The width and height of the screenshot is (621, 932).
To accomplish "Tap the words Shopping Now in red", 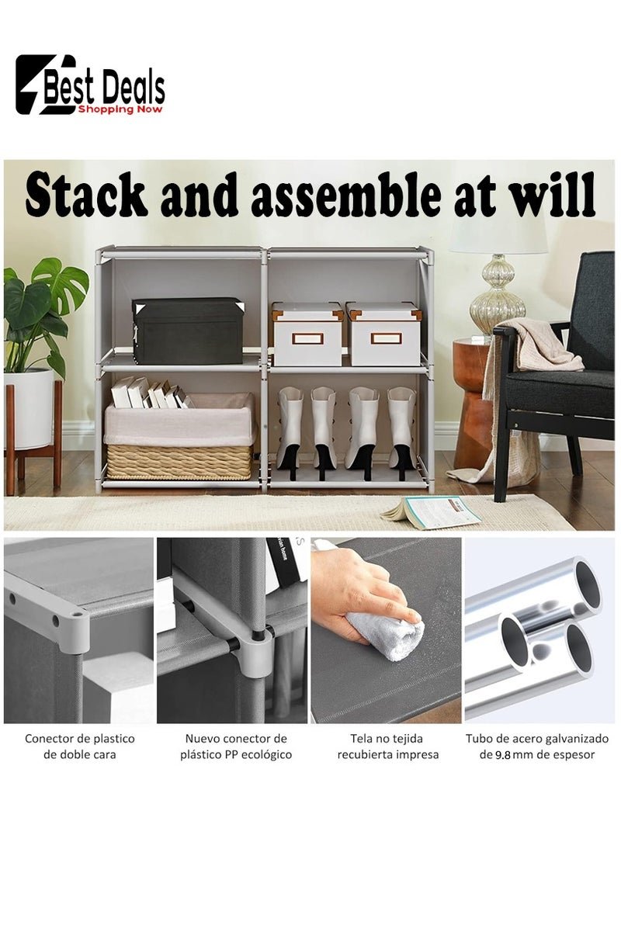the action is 120,109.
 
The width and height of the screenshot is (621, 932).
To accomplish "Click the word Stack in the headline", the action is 86,195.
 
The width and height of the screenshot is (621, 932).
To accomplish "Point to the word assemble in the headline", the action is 346,195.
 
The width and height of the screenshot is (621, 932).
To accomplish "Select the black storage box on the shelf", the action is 188,331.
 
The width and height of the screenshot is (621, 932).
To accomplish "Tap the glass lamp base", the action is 498,295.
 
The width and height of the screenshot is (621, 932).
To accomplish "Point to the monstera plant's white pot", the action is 29,408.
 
